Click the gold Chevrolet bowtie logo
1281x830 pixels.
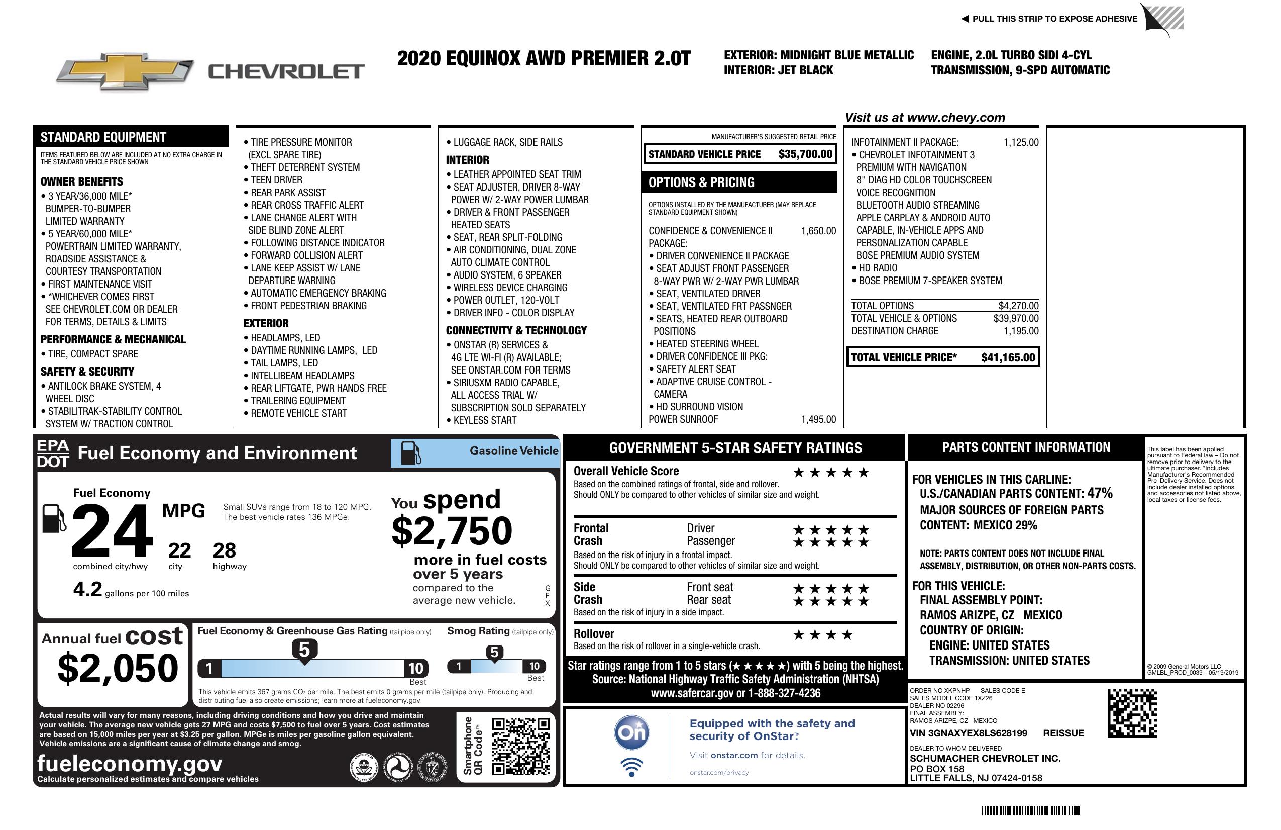click(x=125, y=71)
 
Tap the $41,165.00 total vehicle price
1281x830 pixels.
click(x=1008, y=357)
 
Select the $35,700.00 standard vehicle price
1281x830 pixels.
click(x=805, y=154)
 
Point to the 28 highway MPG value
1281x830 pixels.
click(x=225, y=550)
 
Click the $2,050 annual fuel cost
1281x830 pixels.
click(x=118, y=668)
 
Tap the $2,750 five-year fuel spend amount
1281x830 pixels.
click(x=452, y=531)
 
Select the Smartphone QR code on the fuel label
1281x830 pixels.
click(x=520, y=746)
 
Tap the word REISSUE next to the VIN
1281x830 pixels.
click(x=1063, y=733)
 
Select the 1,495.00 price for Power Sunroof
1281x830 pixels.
click(x=818, y=420)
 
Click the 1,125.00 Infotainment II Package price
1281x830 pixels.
click(x=1021, y=142)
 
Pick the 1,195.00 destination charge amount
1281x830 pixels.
click(x=1021, y=331)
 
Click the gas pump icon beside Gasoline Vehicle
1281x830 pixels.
click(x=411, y=452)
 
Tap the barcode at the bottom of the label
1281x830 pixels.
click(x=1030, y=810)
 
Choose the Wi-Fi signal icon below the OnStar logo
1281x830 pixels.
click(x=631, y=767)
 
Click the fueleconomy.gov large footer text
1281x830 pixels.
click(x=130, y=764)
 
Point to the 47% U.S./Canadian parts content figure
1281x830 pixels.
click(x=1099, y=493)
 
